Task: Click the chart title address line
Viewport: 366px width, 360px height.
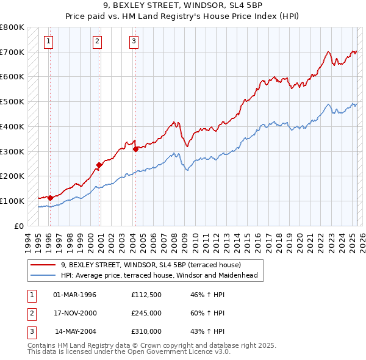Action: [182, 7]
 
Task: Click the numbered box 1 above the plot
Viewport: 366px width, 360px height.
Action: [48, 41]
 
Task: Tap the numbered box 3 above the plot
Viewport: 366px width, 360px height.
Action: [134, 41]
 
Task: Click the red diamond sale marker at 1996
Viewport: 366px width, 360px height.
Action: [50, 197]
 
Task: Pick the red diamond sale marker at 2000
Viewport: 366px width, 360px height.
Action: [99, 164]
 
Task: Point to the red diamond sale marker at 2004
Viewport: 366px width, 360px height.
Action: [135, 148]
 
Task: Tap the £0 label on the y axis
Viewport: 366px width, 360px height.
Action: [18, 226]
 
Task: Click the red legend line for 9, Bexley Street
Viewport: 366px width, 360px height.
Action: [43, 265]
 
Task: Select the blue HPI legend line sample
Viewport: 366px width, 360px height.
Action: [43, 275]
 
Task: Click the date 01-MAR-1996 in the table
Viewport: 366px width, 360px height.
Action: [75, 295]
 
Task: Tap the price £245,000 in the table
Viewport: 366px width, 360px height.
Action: [146, 313]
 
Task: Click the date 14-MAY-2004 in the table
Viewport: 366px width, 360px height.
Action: [75, 331]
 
